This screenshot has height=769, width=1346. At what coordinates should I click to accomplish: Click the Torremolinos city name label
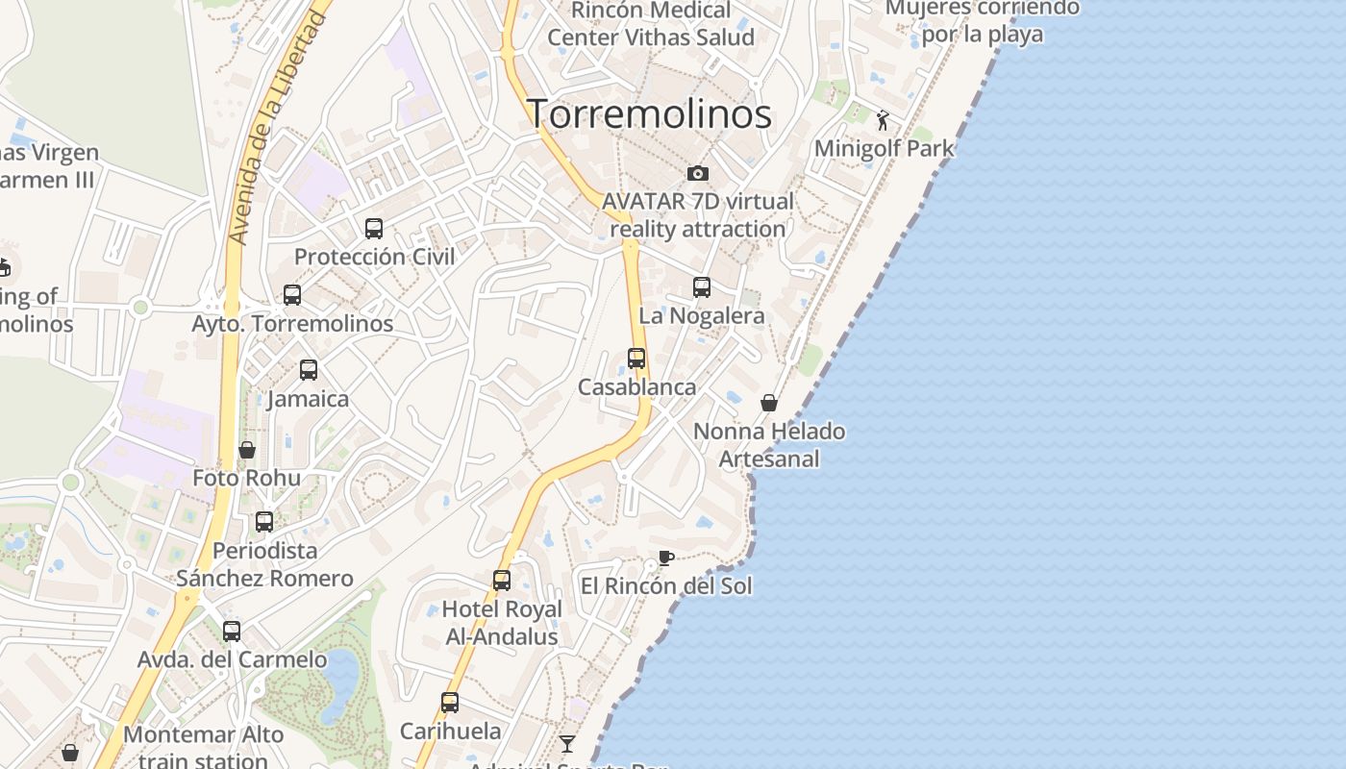coord(649,113)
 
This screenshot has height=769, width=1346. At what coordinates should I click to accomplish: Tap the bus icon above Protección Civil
coord(374,229)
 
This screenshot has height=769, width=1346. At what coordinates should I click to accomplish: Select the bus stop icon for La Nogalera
coord(702,287)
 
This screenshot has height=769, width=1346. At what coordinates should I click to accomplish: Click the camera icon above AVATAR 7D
coord(698,173)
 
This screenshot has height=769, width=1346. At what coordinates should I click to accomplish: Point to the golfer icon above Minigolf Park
coord(883,121)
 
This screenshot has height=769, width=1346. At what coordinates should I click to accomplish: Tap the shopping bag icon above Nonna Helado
coord(769,403)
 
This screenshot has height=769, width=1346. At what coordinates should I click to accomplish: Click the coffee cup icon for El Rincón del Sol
coord(665,558)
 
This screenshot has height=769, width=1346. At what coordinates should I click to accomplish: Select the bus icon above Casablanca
coord(636,359)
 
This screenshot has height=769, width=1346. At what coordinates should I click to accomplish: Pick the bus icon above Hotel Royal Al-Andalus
coord(502,581)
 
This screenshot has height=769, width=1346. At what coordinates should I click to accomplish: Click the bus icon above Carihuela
coord(450,703)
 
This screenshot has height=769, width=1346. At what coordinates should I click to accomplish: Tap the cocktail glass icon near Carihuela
coord(567,743)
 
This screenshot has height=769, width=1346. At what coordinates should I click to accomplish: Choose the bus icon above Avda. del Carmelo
coord(232,632)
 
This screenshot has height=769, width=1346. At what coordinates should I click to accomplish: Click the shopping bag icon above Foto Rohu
coord(247,450)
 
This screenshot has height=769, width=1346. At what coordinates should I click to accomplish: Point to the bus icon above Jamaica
coord(309,370)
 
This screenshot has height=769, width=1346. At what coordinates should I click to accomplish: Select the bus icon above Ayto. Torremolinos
coord(292,295)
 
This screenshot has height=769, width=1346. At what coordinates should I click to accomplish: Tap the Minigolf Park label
coord(885,148)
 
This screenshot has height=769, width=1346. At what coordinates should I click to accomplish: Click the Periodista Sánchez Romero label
coord(264,564)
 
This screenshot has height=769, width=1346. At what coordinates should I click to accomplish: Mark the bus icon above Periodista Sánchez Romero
coord(264,522)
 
